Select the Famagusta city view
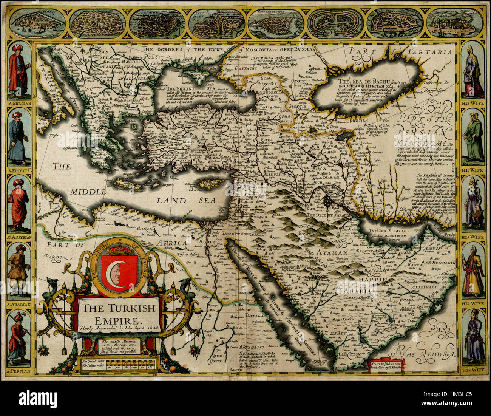(37, 23)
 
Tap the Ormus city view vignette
(455, 23)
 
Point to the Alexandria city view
(395, 23)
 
